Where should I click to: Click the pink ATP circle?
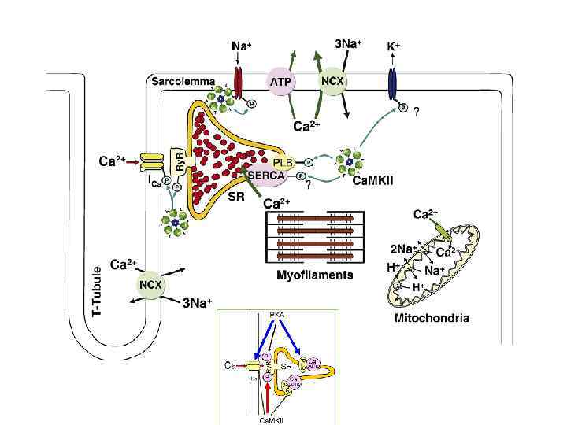click(x=281, y=81)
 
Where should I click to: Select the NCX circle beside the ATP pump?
click(x=334, y=80)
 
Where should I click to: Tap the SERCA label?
click(x=265, y=176)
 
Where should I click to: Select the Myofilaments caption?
click(x=315, y=275)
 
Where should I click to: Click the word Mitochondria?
click(x=431, y=319)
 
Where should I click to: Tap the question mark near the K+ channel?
click(x=416, y=111)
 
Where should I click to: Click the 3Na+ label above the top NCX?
click(x=349, y=45)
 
